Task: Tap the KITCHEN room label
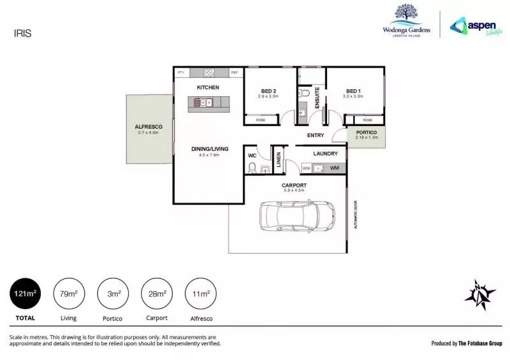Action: tap(208, 87)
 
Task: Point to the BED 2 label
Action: tap(268, 91)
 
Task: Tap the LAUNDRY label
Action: tap(324, 154)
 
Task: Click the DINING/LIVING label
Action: tap(208, 150)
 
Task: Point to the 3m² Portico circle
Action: tap(113, 294)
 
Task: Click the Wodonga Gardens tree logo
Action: tap(406, 14)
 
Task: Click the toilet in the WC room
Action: tap(252, 169)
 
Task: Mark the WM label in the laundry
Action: tap(334, 168)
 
